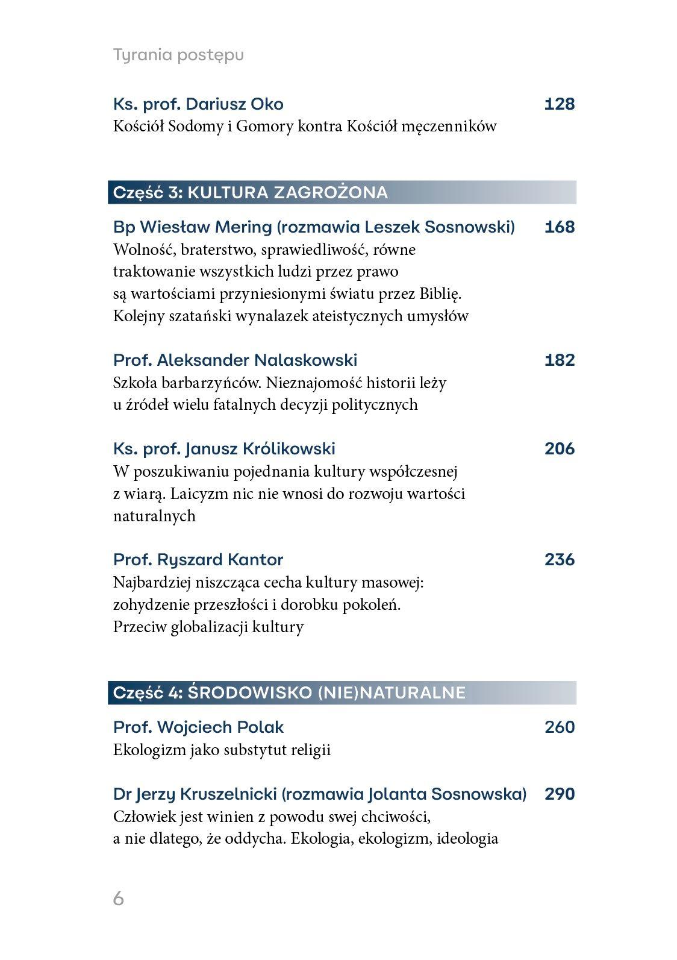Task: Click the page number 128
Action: pos(560,104)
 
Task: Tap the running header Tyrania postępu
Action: pos(178,55)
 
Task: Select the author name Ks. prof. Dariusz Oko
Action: pos(198,104)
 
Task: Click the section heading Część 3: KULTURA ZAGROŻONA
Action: pos(251,192)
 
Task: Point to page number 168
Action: pos(560,227)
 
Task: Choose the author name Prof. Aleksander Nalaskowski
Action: pos(235,360)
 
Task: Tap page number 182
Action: pos(560,360)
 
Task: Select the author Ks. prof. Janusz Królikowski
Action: pos(224,449)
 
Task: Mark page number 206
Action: pos(560,449)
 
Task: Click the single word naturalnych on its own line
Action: pos(154,516)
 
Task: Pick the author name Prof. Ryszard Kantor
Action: pos(198,560)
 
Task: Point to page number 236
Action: pos(560,560)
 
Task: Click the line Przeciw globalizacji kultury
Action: pos(208,627)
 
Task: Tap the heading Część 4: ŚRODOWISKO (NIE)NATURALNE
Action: pos(290,692)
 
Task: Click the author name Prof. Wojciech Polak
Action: pos(198,727)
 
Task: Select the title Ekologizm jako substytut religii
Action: pos(222,750)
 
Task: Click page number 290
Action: pos(560,794)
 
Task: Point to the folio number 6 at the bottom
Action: pos(119,899)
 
